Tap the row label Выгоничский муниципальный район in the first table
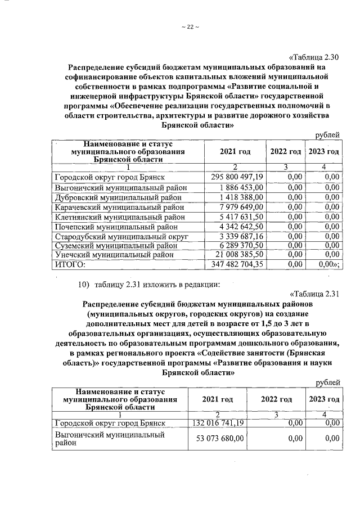click(x=120, y=187)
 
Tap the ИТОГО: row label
click(x=69, y=264)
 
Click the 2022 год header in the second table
click(x=276, y=399)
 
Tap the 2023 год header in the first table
click(x=325, y=152)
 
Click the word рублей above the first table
click(x=327, y=134)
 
